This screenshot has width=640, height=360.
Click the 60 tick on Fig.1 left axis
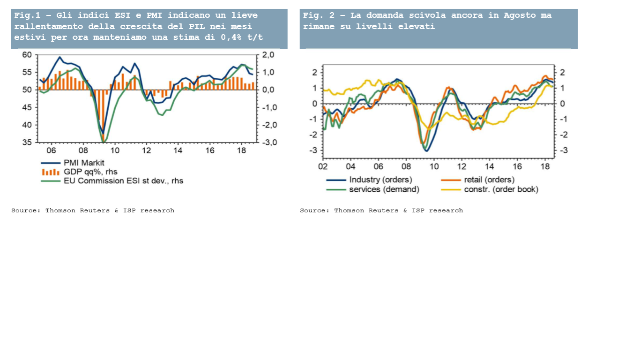click(27, 55)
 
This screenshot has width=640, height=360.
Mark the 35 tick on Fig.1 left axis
click(27, 142)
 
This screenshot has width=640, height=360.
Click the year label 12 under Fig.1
click(146, 150)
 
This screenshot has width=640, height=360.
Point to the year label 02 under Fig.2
click(323, 166)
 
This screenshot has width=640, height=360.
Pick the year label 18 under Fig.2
click(545, 166)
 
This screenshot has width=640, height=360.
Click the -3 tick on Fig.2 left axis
click(313, 150)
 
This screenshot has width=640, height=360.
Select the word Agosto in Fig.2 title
click(520, 15)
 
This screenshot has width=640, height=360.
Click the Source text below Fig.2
click(381, 210)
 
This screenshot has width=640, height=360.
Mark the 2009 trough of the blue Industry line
click(427, 150)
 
